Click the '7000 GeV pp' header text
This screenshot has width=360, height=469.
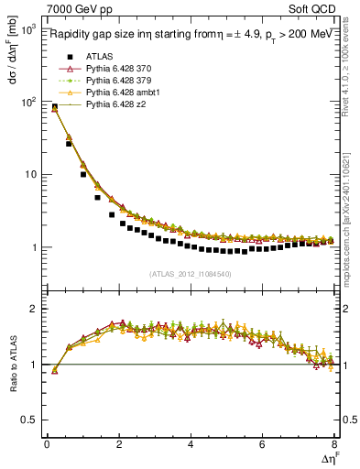pyautogui.click(x=80, y=9)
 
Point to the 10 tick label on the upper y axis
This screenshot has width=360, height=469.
pyautogui.click(x=27, y=174)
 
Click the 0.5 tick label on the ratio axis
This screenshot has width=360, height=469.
pyautogui.click(x=29, y=420)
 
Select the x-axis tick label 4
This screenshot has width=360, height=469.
pyautogui.click(x=191, y=445)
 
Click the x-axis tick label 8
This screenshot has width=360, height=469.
pyautogui.click(x=334, y=445)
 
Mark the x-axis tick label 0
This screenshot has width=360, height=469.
pyautogui.click(x=47, y=445)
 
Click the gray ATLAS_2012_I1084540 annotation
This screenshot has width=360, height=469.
pyautogui.click(x=191, y=274)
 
